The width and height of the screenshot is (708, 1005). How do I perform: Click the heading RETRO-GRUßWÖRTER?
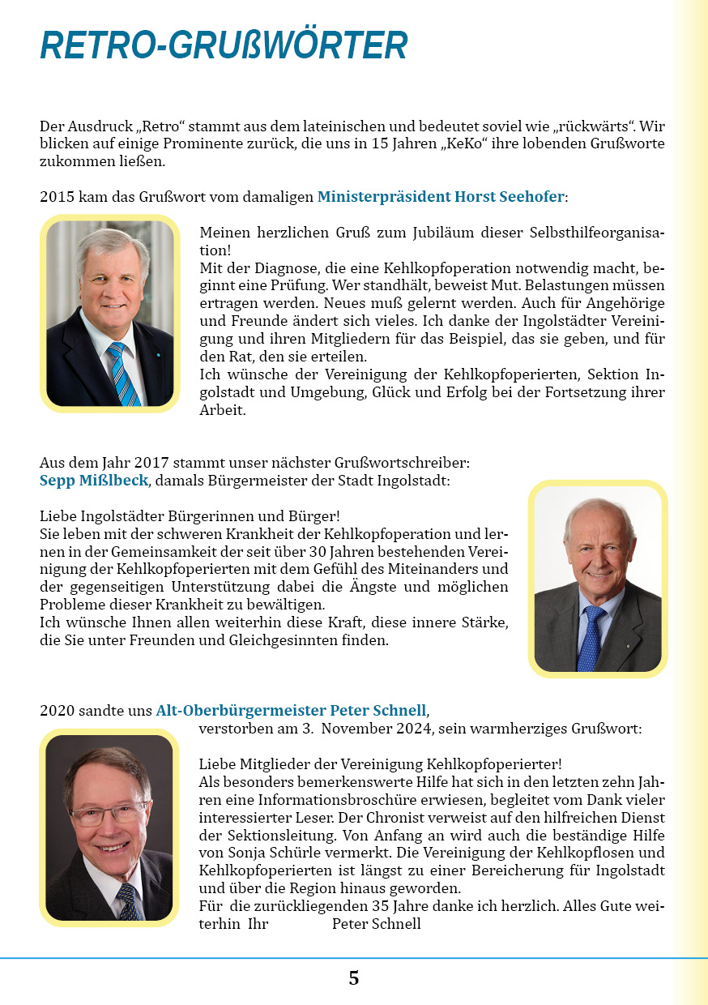pos(224,46)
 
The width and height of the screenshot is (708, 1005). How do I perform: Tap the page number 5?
pos(354,978)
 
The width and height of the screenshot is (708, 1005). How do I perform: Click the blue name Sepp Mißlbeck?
pos(94,481)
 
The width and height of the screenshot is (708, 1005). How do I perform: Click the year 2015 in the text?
pos(55,197)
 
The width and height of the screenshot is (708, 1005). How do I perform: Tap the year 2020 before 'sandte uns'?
pos(55,712)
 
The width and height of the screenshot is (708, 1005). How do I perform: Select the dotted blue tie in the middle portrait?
pos(591,636)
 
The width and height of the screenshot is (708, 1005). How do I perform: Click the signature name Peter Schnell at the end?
pos(377,923)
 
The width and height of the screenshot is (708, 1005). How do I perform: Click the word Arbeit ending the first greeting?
pos(222,411)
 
